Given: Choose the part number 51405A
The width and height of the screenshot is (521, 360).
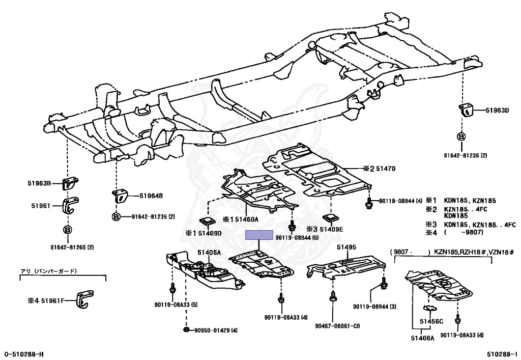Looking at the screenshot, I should tap(209, 252).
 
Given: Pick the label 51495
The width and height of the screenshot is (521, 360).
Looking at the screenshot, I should tap(346, 247).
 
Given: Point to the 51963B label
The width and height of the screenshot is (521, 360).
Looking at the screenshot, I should tap(40, 182).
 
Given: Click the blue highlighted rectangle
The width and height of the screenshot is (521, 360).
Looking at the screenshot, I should tap(259, 235).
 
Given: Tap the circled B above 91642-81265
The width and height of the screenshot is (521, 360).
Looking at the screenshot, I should tap(67, 230).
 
